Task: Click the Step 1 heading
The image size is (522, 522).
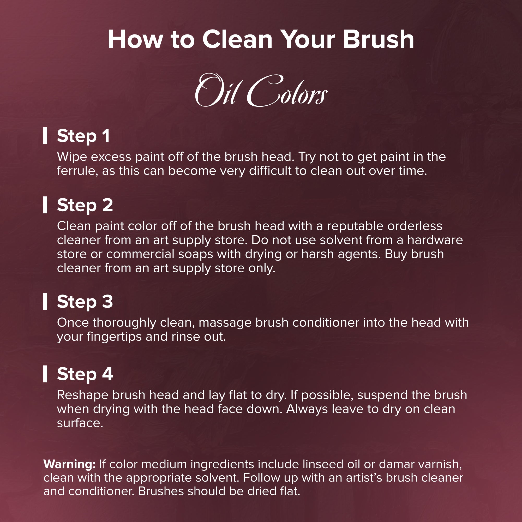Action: (x=83, y=136)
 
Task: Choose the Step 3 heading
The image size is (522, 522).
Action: (x=85, y=302)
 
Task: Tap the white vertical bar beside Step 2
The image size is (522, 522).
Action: (x=45, y=205)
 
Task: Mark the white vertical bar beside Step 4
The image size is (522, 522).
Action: (x=45, y=374)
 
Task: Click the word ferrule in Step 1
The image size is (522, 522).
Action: (x=77, y=171)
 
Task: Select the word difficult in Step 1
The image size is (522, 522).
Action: (x=270, y=171)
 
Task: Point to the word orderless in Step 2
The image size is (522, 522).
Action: (x=415, y=226)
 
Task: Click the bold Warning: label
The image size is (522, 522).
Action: (x=69, y=465)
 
